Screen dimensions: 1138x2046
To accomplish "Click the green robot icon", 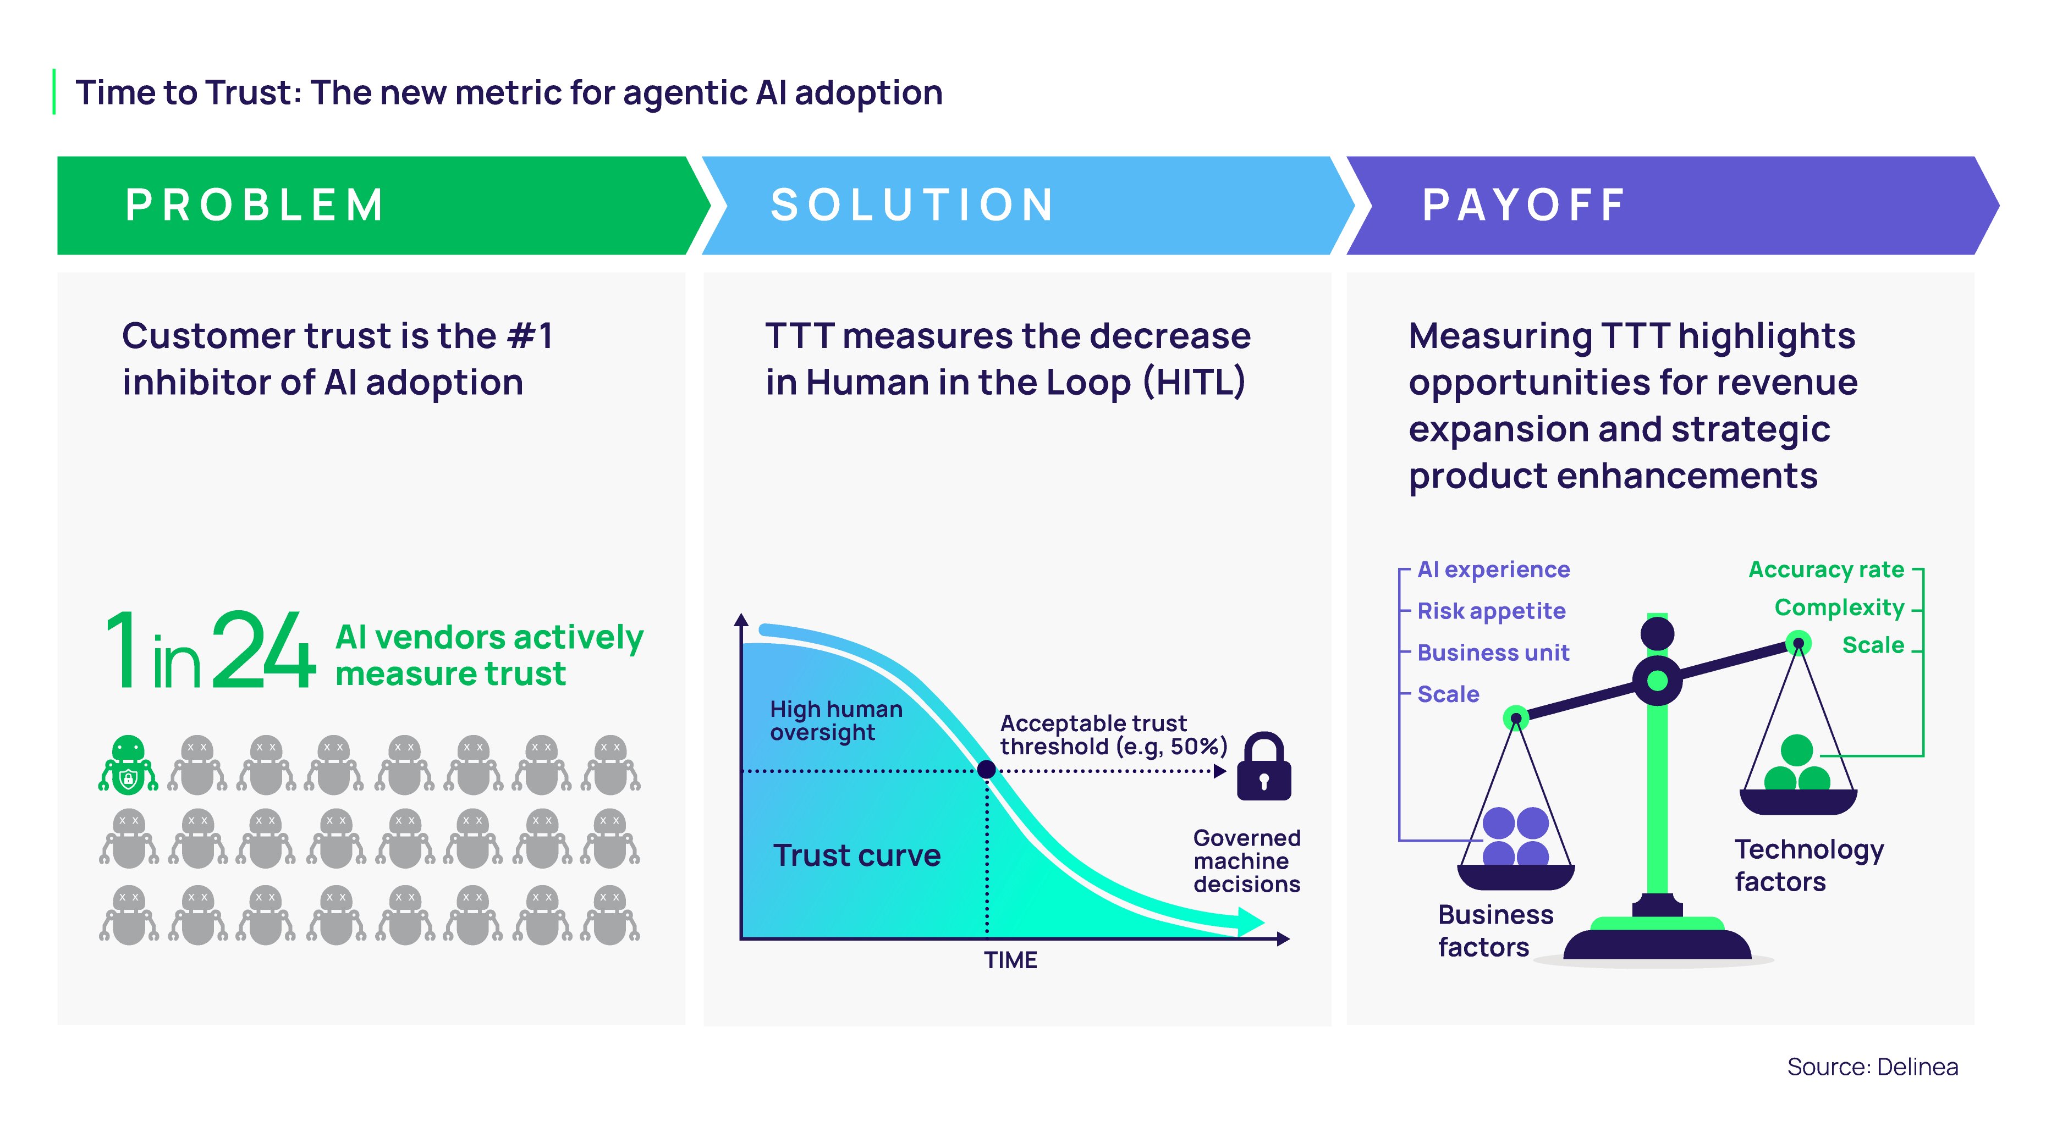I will (128, 764).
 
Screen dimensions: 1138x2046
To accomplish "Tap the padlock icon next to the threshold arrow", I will (1264, 767).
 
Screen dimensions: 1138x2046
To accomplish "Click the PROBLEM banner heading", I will (255, 205).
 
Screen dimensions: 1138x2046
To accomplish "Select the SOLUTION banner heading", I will (912, 205).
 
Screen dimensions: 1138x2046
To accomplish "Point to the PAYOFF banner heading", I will (1524, 205).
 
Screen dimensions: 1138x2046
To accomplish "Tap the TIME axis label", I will (1010, 960).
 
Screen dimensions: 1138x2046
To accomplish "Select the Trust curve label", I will (856, 855).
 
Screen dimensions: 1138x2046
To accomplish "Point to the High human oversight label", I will (835, 720).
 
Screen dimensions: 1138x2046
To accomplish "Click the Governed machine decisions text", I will (1246, 861).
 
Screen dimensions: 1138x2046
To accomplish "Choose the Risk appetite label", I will (1491, 611).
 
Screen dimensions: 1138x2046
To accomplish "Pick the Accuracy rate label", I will (1826, 570).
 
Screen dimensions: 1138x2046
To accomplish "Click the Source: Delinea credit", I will (1872, 1067).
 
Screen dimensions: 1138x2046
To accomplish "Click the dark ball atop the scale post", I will (1657, 633).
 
